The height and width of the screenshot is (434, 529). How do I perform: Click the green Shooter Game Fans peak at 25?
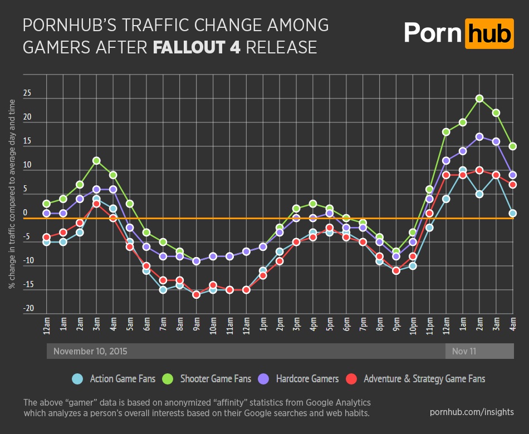479,98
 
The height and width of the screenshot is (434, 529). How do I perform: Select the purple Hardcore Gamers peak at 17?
479,136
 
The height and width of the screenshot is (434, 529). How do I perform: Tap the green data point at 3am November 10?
96,160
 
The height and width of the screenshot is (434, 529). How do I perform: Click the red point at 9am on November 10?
197,295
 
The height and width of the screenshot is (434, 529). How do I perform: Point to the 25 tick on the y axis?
27,93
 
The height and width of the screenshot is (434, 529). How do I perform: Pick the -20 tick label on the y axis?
28,308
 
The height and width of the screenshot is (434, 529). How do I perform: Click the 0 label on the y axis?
25,213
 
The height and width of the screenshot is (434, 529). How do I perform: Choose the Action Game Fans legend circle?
77,379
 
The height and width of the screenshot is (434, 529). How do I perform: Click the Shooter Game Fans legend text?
215,379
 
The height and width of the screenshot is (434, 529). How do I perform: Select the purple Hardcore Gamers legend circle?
263,379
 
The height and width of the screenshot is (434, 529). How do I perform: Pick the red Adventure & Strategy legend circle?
351,379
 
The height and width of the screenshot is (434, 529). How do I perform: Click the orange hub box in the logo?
489,34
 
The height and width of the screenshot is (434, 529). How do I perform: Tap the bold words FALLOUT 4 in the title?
197,47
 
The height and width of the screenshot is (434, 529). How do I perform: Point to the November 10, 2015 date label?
90,352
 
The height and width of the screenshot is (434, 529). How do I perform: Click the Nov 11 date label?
464,352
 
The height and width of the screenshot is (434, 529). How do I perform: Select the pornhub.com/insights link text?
472,412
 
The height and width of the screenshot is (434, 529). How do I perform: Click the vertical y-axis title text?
12,194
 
